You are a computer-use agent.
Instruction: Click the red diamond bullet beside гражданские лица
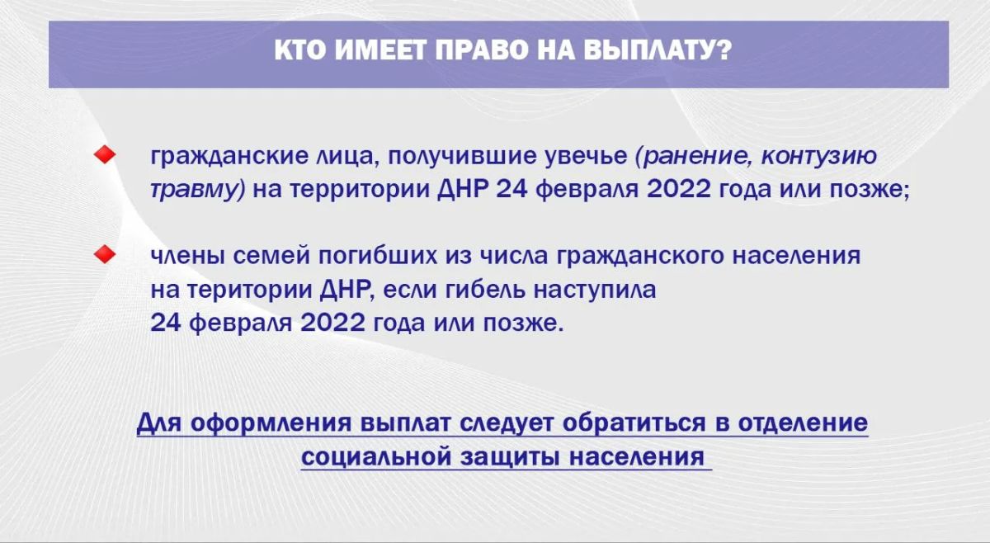click(105, 155)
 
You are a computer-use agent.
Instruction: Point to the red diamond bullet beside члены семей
click(105, 254)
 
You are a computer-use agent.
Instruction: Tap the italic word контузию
click(819, 157)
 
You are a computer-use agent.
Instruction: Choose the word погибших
click(379, 256)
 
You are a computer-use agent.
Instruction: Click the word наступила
click(595, 290)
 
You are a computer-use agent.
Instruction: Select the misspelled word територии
click(248, 290)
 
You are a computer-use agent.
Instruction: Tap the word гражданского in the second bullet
click(639, 257)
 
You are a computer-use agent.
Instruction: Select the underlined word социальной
click(376, 457)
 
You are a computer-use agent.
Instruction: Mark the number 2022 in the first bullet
click(679, 189)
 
